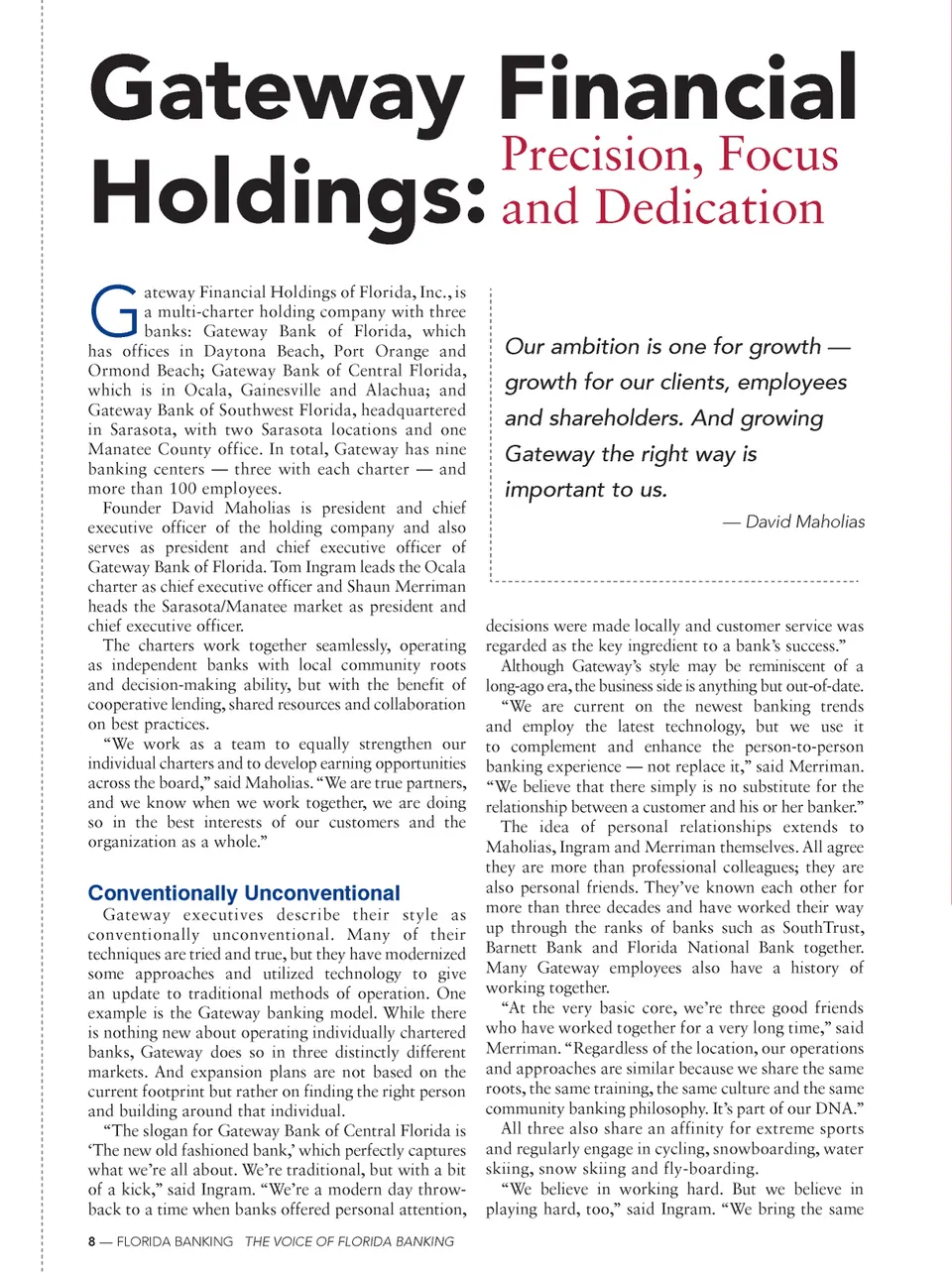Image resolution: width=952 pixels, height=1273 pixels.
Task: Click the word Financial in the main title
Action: (676, 91)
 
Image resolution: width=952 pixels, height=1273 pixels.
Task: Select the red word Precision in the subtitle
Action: (603, 156)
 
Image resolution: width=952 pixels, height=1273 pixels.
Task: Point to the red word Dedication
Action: (709, 208)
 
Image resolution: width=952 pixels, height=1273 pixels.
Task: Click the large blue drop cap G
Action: (114, 311)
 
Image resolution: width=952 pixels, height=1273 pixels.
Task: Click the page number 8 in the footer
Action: (92, 1241)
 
